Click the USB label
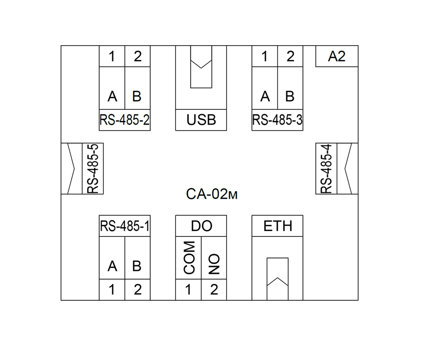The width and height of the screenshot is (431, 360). pos(201,120)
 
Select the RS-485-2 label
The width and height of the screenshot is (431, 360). pos(125,120)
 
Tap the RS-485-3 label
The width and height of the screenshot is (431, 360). pos(277,120)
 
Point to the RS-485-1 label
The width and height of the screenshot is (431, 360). pos(125,226)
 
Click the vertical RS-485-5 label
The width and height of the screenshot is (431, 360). pos(92,168)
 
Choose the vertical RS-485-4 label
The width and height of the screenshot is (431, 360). pos(327,168)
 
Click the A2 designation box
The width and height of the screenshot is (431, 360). pos(337,56)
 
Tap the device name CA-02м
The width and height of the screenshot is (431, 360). pos(212,194)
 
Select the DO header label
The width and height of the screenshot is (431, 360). pos(201,226)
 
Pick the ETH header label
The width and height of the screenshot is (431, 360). pos(277,226)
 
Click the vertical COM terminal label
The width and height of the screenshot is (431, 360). pos(189,258)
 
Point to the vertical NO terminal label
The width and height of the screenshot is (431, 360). pos(214,264)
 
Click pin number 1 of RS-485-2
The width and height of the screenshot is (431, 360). pos(112,56)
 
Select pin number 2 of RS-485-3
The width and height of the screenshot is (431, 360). pos(290,56)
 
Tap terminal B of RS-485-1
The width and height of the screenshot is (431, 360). pos(137,266)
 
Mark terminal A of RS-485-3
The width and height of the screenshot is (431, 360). pos(265,96)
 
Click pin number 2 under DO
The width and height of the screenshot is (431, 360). pos(214,289)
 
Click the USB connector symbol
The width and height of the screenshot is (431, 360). pos(201,67)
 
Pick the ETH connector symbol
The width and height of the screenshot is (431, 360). pos(277,279)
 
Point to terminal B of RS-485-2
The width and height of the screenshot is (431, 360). pos(137,96)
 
